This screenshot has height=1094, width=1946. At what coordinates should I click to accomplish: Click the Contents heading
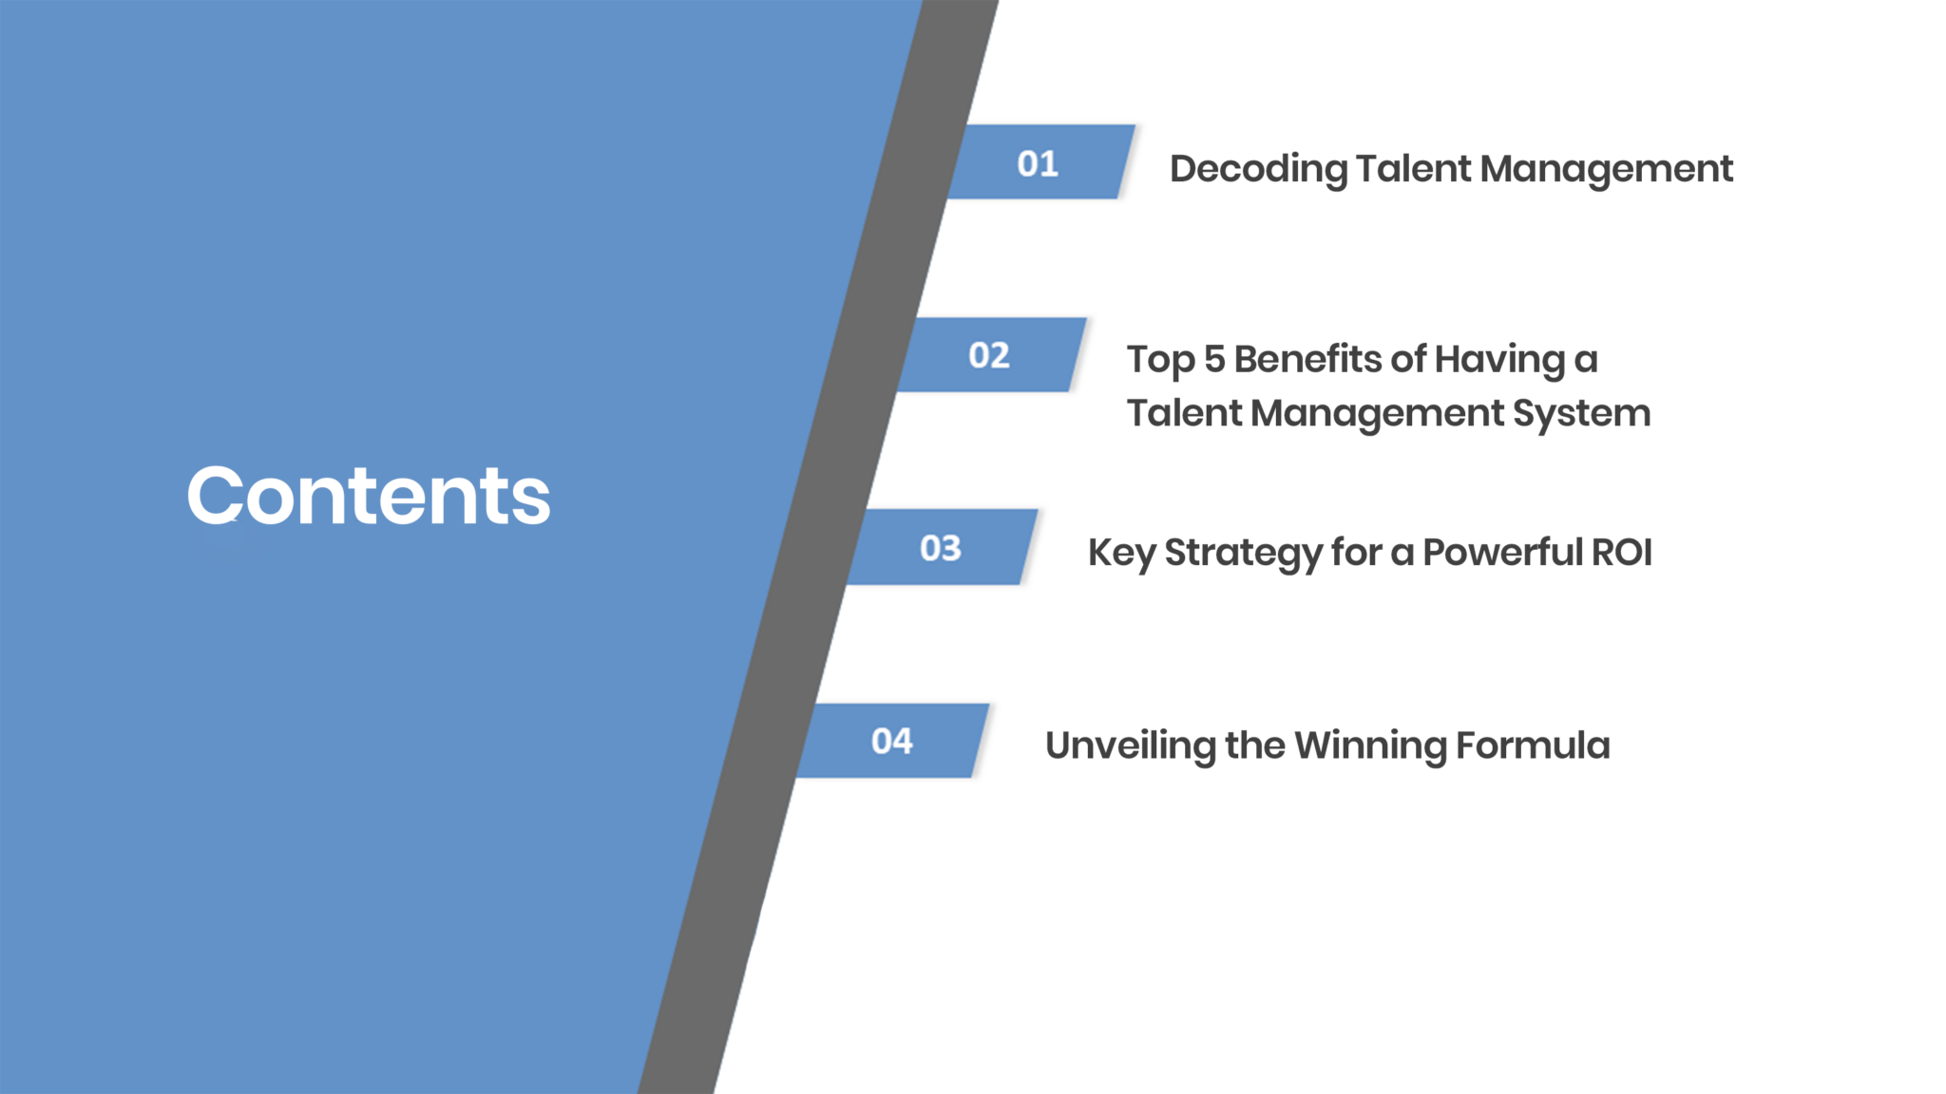click(x=369, y=495)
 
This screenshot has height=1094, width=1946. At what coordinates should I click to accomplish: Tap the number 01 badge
click(x=1041, y=161)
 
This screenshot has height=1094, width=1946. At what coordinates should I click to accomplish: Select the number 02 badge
click(x=992, y=354)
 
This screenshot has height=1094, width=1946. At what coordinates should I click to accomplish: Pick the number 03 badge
click(x=943, y=547)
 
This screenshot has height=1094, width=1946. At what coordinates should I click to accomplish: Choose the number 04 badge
click(x=893, y=741)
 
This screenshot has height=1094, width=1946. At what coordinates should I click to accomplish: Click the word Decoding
click(x=1258, y=170)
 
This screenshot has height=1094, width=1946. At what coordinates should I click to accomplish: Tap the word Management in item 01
click(x=1607, y=170)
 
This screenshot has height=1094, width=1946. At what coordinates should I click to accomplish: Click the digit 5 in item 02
click(x=1214, y=359)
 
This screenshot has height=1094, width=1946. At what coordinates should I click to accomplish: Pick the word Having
click(x=1499, y=361)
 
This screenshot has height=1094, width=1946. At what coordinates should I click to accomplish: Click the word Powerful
click(x=1502, y=552)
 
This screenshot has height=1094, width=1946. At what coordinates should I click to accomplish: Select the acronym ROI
click(x=1622, y=552)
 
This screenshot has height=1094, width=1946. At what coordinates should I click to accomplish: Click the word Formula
click(x=1533, y=745)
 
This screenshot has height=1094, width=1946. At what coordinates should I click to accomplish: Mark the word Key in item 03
click(x=1122, y=554)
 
